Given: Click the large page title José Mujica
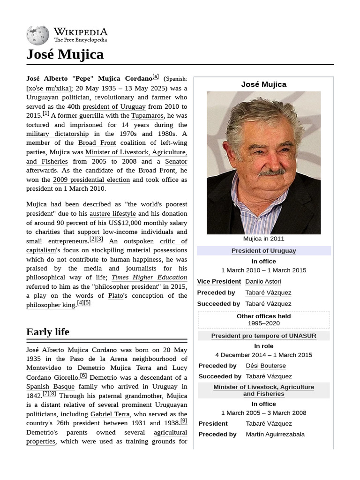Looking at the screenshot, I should click(65, 55).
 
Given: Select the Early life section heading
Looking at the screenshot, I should click(48, 332).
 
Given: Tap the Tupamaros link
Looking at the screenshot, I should click(147, 116).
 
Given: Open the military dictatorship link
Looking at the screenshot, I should click(57, 134).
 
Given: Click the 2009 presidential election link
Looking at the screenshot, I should click(91, 180).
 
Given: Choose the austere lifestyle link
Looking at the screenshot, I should click(116, 214).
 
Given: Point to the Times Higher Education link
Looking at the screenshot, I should click(149, 277).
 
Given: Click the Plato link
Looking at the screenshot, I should click(115, 296).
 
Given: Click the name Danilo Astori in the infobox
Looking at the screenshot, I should click(263, 282).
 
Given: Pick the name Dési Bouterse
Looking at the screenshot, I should click(265, 366).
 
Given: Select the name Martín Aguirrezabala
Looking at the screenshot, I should click(275, 434).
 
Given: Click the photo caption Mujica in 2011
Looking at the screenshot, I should click(263, 239).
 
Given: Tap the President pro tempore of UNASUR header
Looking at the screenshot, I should click(263, 336).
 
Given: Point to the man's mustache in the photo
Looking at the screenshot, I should click(272, 172).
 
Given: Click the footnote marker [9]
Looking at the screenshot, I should click(183, 421).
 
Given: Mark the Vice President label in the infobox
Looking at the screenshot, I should click(219, 282).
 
